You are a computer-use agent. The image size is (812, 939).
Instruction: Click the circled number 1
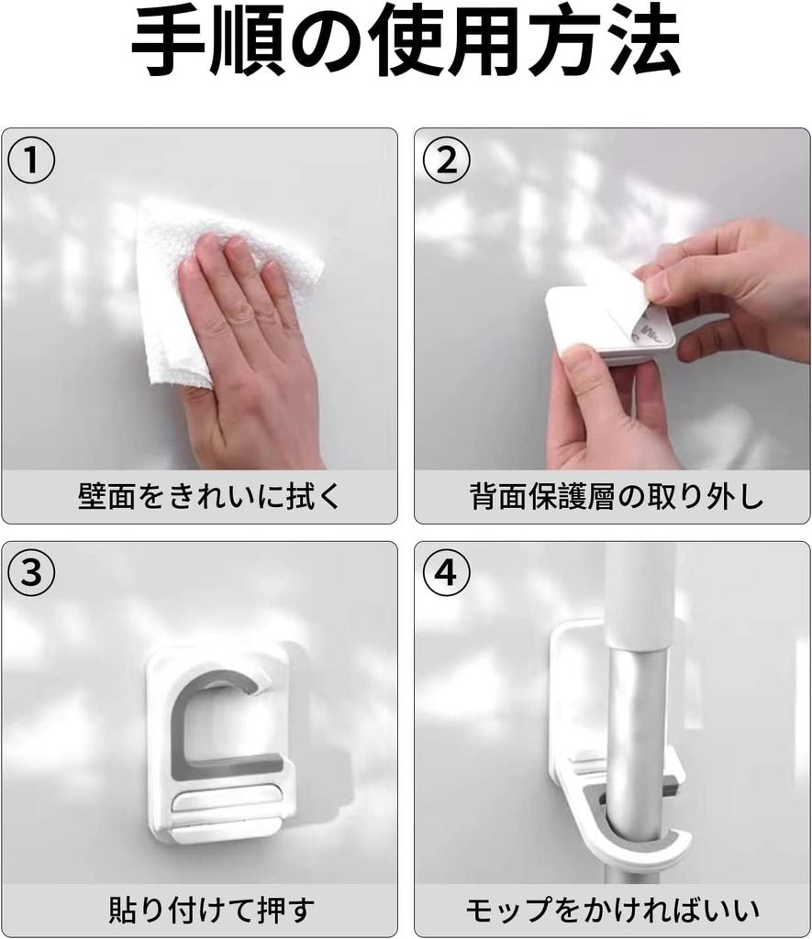(31, 160)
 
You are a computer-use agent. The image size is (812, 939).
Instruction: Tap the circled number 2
(447, 160)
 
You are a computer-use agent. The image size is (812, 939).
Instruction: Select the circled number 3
(31, 573)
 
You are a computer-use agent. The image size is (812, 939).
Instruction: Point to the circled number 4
(447, 573)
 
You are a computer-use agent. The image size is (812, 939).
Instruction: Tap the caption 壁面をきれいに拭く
(209, 496)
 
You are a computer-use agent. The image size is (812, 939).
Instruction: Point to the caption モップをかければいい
(613, 909)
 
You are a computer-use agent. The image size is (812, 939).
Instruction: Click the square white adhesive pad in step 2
(606, 324)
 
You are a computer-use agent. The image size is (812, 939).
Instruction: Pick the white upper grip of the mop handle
(640, 593)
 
